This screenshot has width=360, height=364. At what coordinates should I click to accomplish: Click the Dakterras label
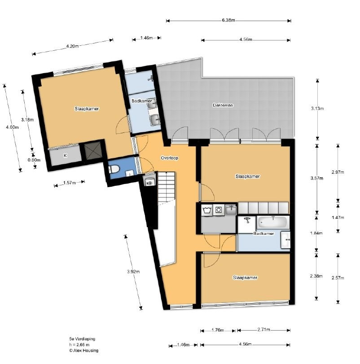click(223, 105)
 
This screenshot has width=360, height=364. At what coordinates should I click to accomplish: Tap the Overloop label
click(169, 158)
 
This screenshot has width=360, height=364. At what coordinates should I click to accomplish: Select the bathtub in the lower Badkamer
click(272, 222)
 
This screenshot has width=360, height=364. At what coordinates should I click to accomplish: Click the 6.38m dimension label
click(228, 20)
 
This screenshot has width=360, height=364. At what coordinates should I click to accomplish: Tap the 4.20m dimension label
click(72, 46)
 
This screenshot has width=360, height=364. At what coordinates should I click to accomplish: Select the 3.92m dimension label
click(133, 272)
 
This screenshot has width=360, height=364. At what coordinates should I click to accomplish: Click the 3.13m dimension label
click(317, 109)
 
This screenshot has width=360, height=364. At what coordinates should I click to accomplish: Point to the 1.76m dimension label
click(218, 330)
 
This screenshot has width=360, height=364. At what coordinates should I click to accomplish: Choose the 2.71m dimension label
click(263, 329)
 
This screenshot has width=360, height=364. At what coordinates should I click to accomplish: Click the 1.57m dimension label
click(70, 183)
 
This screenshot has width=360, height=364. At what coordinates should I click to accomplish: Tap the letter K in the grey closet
click(65, 156)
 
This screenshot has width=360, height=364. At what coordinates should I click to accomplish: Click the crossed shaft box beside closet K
click(92, 151)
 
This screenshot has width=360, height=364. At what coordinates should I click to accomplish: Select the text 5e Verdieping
click(82, 339)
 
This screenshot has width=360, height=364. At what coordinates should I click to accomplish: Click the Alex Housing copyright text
click(83, 351)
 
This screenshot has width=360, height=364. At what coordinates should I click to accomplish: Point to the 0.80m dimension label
click(34, 160)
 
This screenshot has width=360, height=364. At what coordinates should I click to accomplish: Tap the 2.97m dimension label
click(338, 172)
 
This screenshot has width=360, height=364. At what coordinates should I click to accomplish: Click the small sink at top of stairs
click(149, 181)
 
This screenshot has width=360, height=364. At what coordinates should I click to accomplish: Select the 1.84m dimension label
click(316, 233)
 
